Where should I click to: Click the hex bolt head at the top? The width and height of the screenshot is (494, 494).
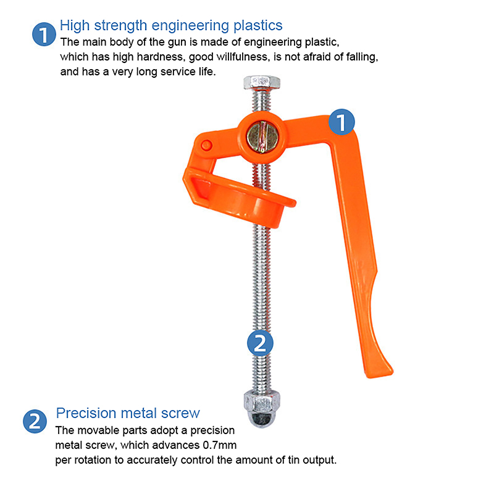click(x=262, y=83)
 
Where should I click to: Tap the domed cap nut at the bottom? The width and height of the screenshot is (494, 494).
click(x=262, y=409)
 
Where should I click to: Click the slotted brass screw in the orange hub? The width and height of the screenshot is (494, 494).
click(x=262, y=136)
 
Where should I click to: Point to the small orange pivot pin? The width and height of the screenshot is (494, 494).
click(x=206, y=145)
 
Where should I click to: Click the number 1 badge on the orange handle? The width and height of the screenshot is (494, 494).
click(x=341, y=122)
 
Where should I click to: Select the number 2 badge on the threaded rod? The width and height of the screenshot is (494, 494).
click(x=260, y=343)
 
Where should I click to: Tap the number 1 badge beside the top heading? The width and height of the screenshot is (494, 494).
click(x=44, y=35)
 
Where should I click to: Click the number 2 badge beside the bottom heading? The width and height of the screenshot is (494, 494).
click(x=35, y=421)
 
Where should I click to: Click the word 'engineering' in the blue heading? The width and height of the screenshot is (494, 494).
click(x=190, y=26)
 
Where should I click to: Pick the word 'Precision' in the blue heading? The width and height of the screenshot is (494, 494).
click(x=86, y=413)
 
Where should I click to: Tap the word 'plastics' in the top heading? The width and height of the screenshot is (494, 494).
click(x=257, y=26)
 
